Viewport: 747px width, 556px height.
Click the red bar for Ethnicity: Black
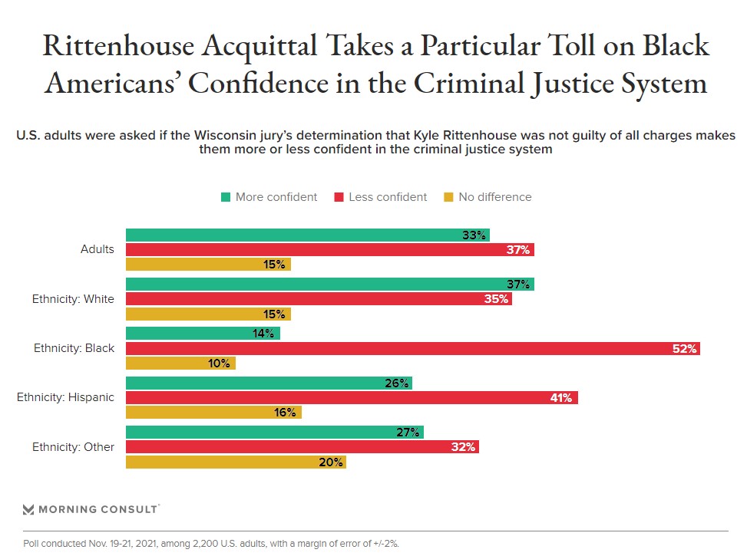point(412,348)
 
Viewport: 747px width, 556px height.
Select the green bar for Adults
point(307,235)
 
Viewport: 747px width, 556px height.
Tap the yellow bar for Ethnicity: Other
point(236,462)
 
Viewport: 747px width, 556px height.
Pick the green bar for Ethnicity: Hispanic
point(269,383)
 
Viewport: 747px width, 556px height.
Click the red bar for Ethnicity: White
point(319,298)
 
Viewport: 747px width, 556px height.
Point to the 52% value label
point(684,349)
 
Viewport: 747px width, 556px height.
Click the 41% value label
point(560,398)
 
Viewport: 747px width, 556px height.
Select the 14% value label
point(264,334)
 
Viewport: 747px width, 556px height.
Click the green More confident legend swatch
point(226,197)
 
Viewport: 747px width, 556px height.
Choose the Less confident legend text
point(388,197)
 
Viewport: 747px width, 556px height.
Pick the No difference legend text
point(495,197)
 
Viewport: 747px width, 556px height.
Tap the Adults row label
point(98,249)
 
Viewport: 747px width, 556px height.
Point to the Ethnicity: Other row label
point(73,446)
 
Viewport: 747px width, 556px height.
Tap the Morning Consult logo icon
point(28,509)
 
